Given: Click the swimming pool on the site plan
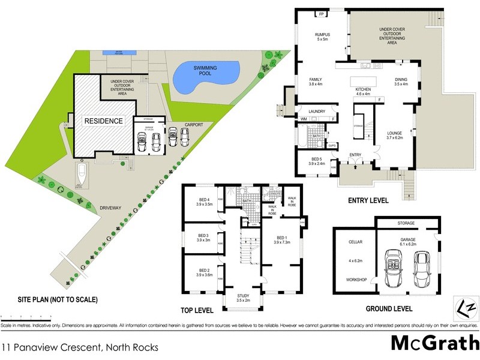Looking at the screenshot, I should tap(203, 77).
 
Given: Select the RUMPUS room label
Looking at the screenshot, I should tap(323, 35).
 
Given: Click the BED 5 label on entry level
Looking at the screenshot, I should tap(316, 159).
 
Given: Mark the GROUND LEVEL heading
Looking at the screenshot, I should tap(389, 310).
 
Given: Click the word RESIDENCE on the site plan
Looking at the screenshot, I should tap(103, 121).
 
